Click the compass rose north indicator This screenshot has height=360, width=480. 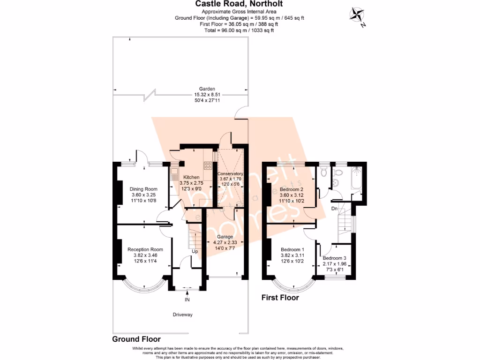(357, 15)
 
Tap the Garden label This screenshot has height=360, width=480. (207, 89)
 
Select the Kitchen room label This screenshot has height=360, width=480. (191, 177)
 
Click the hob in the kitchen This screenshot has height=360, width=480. (208, 165)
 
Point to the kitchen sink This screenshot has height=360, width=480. (174, 174)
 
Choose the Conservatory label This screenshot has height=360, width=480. (230, 173)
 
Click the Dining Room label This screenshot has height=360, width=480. (143, 189)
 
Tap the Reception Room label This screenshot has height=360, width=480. (145, 249)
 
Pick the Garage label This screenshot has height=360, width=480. (225, 237)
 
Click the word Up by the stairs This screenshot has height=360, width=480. (195, 251)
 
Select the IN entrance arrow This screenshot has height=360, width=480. (187, 294)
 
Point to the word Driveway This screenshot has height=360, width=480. (182, 315)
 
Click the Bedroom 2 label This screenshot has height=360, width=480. (291, 189)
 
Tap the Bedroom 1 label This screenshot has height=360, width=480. (292, 249)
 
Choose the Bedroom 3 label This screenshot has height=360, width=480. (334, 258)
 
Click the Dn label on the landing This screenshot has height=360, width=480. (334, 209)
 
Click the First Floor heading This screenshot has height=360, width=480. (280, 298)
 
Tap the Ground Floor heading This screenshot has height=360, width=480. (136, 339)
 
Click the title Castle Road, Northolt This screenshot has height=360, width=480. (239, 4)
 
